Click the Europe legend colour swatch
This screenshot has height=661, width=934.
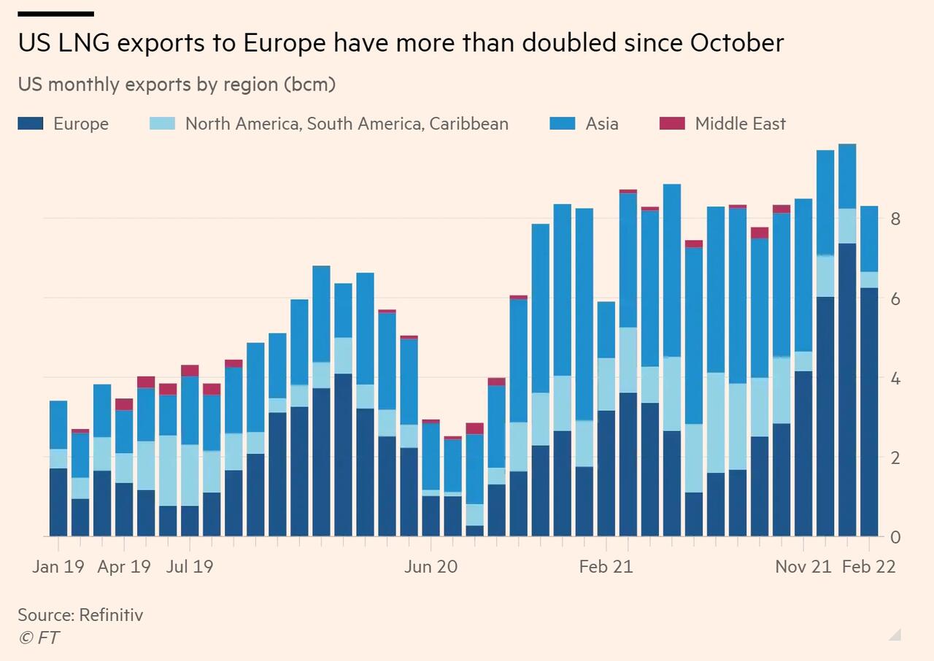[31, 124]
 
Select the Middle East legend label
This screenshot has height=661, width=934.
[740, 124]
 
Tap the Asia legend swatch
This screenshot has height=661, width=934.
[563, 124]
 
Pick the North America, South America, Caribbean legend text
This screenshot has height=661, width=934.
[347, 124]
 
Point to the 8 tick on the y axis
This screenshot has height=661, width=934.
[895, 219]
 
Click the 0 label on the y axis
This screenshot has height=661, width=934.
[895, 538]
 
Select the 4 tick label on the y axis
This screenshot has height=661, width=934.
[895, 379]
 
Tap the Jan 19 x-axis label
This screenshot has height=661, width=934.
[58, 566]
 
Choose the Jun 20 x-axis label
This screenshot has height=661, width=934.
[431, 566]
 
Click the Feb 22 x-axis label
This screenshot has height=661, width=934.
[869, 566]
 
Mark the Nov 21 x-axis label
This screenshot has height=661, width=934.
[803, 566]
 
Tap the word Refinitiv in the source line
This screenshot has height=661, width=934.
[111, 614]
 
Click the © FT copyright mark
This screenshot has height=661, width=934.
[39, 638]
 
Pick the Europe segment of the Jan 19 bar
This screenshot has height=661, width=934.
[58, 503]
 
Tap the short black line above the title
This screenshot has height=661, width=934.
[55, 14]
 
